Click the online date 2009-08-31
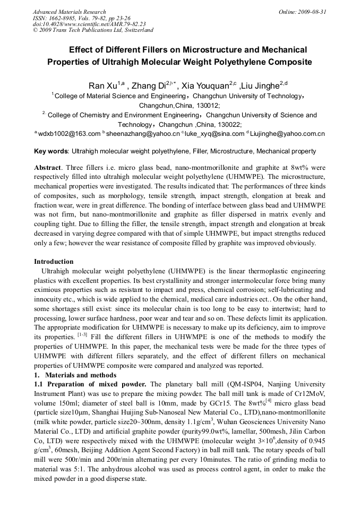tap(310, 12)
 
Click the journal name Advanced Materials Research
tap(70, 12)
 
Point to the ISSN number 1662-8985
tap(65, 18)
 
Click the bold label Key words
tap(51, 151)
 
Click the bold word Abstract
tap(47, 167)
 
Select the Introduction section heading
tap(54, 262)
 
